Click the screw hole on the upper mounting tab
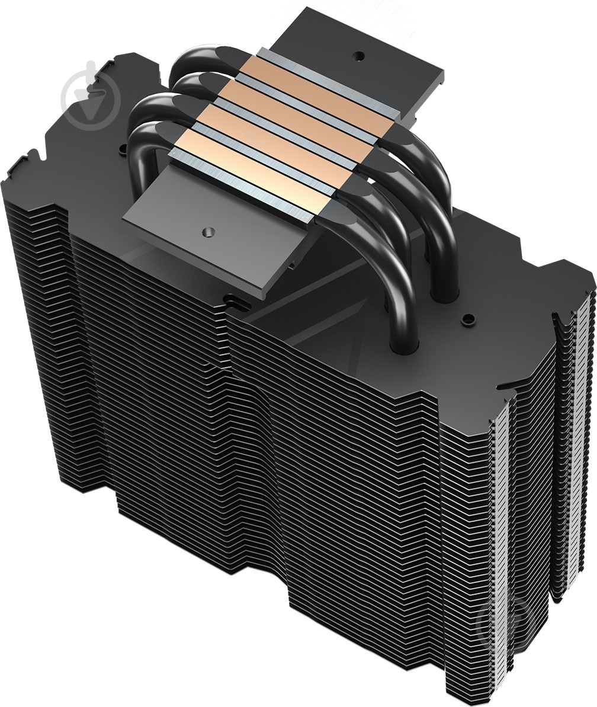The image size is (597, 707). [x=358, y=55]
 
